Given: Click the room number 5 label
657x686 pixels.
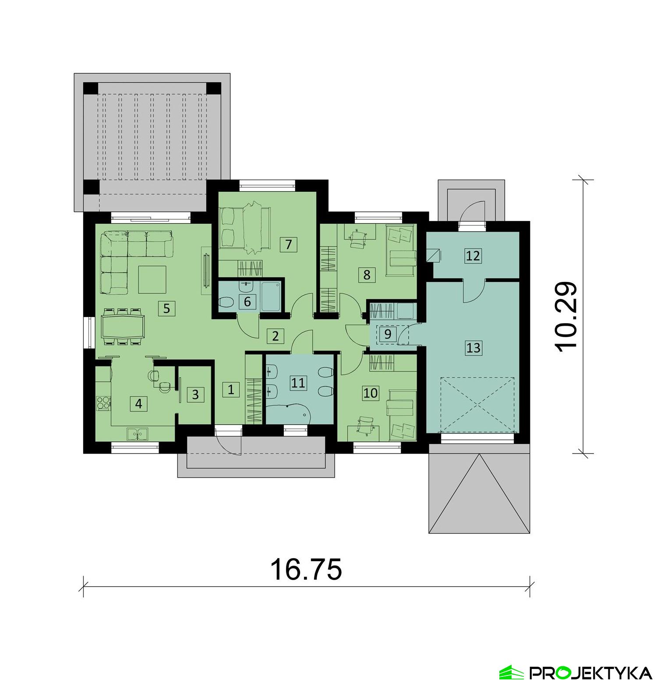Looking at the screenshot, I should [x=166, y=308].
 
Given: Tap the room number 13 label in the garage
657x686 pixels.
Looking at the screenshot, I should [x=473, y=348].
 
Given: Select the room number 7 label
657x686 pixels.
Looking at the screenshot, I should [x=288, y=244].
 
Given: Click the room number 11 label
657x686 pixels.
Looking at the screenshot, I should [x=298, y=383].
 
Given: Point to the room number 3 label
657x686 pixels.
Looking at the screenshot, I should [x=195, y=394].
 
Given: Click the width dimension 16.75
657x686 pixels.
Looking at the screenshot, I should [x=306, y=569].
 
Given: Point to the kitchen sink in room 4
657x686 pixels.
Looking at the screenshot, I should [x=138, y=434].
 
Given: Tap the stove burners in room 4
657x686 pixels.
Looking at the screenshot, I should [x=103, y=402].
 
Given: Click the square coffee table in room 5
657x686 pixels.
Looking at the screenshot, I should [x=152, y=279].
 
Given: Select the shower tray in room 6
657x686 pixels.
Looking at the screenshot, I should [x=270, y=296].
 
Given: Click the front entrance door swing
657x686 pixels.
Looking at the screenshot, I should [x=230, y=442].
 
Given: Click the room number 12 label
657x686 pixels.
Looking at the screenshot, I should [x=473, y=255].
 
